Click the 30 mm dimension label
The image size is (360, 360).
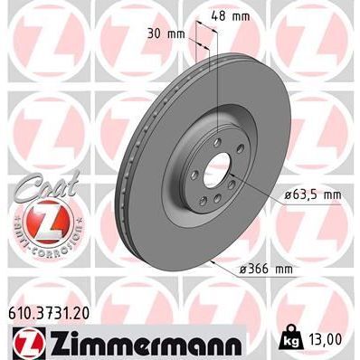pos(171,34)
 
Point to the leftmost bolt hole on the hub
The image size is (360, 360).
pos(192,167)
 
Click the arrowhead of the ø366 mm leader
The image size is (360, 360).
pos(209,260)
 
